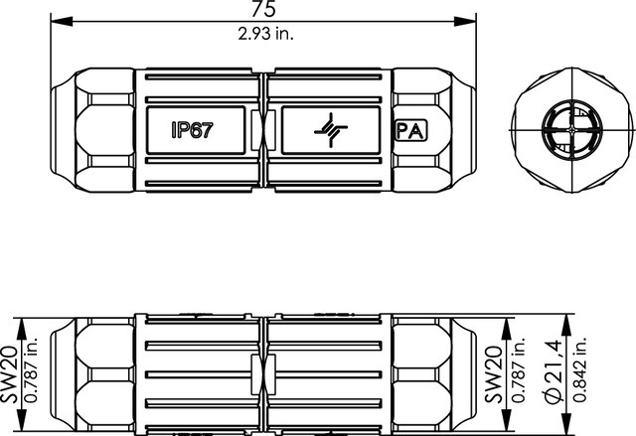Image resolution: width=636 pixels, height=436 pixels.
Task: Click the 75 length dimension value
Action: pos(263,9)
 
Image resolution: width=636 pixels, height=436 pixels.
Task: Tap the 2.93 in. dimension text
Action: pos(265,34)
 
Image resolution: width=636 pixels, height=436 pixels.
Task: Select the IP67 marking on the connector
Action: pos(192,130)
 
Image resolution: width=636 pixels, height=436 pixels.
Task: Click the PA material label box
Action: pos(410,130)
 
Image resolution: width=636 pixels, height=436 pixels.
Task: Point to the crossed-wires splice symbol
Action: pos(331,130)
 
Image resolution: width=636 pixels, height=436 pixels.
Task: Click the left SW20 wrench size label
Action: pos(9,374)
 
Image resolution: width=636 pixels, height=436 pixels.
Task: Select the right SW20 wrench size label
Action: pos(494,374)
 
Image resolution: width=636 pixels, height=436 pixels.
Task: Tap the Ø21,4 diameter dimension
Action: pos(555,371)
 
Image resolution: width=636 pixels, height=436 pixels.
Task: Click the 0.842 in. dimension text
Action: pos(580,368)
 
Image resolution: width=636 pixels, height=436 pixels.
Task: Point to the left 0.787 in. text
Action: pos(31,369)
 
